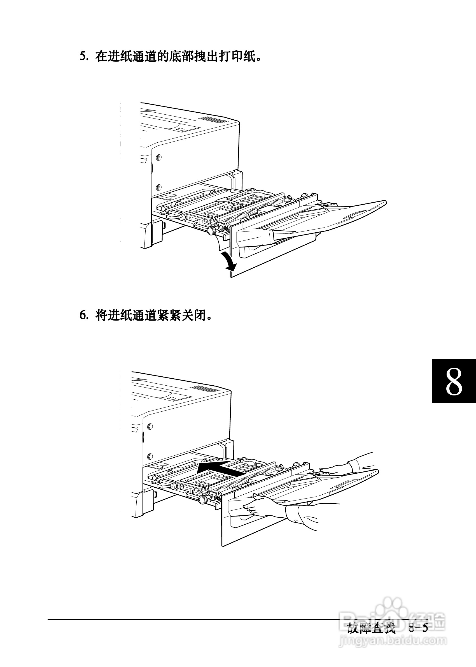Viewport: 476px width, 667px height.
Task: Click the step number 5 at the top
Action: [83, 56]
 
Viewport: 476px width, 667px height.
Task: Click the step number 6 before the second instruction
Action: [83, 315]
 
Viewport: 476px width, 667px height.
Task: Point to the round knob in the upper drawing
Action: [211, 230]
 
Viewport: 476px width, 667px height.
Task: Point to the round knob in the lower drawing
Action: [202, 499]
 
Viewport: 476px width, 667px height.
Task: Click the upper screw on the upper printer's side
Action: [158, 158]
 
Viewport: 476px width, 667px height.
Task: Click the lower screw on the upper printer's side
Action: [158, 187]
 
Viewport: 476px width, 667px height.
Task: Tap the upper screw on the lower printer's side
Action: [150, 426]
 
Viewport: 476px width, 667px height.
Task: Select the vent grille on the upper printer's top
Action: [213, 120]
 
